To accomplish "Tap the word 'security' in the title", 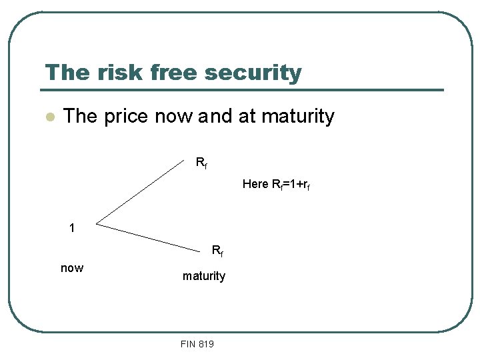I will pos(255,73).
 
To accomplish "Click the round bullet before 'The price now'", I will pos(48,117).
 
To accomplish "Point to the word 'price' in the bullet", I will pos(125,117).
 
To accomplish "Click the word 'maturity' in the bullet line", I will pos(297,117).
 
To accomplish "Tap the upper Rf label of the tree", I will pos(201,162).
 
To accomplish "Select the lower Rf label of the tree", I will pos(217,251).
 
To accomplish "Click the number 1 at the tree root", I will pos(72,228).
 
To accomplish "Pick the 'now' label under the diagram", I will pos(72,268).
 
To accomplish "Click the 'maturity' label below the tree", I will pos(204,275).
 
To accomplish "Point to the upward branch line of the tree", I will pos(143,191).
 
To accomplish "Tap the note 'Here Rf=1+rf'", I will pos(276,184).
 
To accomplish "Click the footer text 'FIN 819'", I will pos(197,344).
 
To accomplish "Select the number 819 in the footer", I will pos(205,344).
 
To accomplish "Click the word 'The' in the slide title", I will pos(65,72).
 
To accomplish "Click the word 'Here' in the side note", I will pos(255,183).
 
